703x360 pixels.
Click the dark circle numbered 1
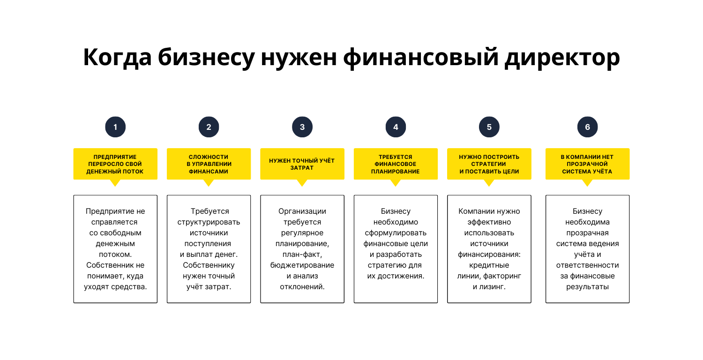coord(115,127)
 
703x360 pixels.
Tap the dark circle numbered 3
coord(302,127)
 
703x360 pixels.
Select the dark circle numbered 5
coord(489,127)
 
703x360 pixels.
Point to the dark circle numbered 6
coord(587,127)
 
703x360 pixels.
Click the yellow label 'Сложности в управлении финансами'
coord(209,164)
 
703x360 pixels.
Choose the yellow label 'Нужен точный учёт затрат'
coord(302,164)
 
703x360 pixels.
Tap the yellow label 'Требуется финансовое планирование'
coord(396,164)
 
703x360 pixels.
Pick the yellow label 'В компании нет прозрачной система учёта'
coord(587,164)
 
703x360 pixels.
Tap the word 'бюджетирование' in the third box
coord(302,265)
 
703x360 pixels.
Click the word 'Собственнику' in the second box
coord(209,265)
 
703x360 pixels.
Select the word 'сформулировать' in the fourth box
coord(396,233)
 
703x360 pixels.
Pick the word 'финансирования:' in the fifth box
coord(489,255)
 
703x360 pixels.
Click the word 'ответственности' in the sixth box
coord(587,265)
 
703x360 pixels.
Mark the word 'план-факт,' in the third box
coord(302,255)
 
